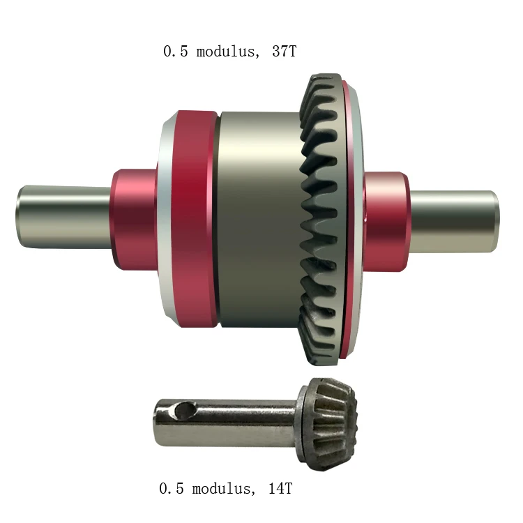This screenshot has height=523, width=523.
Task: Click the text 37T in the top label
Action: tap(285, 52)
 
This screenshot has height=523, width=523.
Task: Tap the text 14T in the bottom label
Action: tap(280, 489)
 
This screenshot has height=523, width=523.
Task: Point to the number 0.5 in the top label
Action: tap(176, 52)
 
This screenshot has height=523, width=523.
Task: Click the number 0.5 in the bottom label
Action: tap(172, 489)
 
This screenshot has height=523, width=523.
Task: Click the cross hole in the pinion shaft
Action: tap(185, 410)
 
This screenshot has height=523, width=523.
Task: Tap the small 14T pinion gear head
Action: tap(328, 424)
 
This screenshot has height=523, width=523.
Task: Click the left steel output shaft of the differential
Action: tap(64, 217)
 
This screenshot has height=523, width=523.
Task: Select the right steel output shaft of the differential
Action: tap(454, 222)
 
